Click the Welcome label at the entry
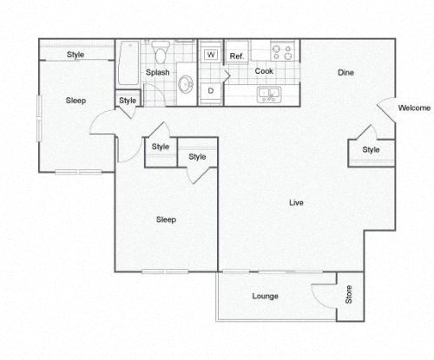coord(414,108)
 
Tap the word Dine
coord(345,73)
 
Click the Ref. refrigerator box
coord(235,56)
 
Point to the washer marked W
coord(210,55)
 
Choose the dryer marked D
coord(210,89)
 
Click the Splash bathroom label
coord(156,73)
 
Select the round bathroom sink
coord(186,84)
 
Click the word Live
coord(295,203)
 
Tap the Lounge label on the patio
coord(265,297)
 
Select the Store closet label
coord(349,296)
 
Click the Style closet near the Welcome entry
coord(371,150)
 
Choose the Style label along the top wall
coord(76,56)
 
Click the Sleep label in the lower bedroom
coord(166,219)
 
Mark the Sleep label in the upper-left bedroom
coord(76,101)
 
